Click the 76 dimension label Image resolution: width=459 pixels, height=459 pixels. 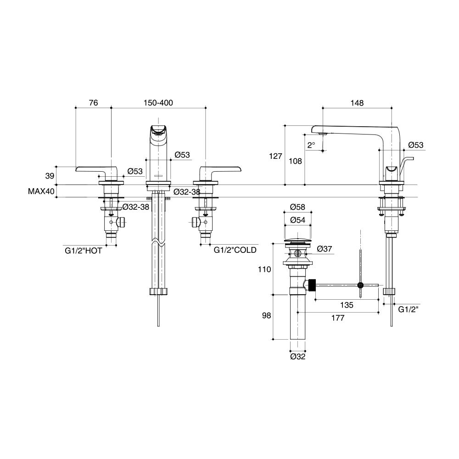(x=93, y=103)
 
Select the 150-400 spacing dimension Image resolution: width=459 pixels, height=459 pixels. (x=158, y=103)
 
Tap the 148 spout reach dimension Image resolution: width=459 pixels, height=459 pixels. (x=357, y=103)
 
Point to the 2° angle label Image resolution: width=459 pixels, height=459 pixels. (x=311, y=145)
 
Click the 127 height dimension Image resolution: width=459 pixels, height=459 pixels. (x=275, y=156)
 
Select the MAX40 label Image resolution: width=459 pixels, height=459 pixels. (x=41, y=191)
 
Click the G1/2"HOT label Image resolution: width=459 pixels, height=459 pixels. (x=83, y=251)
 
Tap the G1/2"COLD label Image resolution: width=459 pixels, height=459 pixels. (x=235, y=251)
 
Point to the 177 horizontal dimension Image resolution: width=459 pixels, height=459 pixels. (x=337, y=318)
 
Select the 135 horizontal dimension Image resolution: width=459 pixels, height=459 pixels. (x=347, y=305)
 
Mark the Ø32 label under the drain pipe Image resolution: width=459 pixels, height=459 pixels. (x=298, y=356)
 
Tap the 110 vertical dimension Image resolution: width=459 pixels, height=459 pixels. (x=265, y=270)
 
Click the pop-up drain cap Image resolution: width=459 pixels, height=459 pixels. (x=298, y=241)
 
